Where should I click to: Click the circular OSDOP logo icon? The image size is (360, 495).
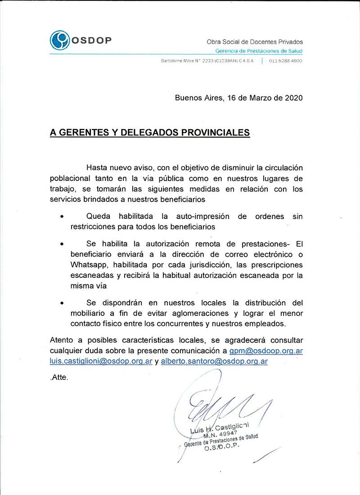coord(59,40)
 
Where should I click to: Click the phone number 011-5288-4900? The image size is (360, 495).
coord(286,61)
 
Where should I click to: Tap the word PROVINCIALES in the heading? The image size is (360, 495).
coord(215,133)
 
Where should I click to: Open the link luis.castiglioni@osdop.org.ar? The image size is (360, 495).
coord(101,361)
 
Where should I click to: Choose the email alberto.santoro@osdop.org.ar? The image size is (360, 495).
coord(214,361)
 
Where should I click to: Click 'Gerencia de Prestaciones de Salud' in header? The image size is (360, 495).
coord(259,51)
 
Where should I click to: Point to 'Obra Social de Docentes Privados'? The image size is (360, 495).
coord(255,42)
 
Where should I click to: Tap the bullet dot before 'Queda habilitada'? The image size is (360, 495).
coord(62,217)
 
